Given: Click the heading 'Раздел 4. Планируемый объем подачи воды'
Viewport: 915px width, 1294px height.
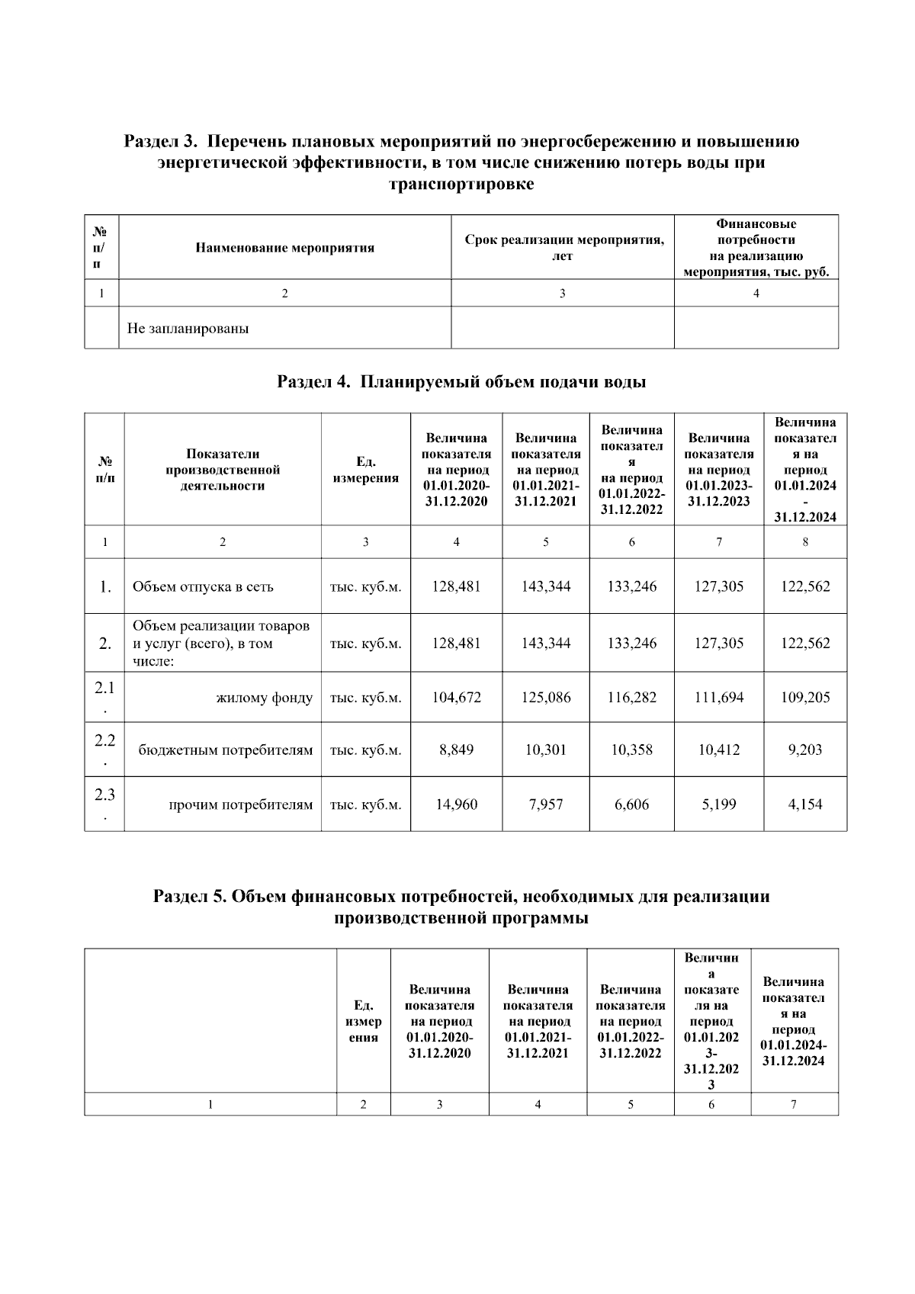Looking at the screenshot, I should click(461, 382).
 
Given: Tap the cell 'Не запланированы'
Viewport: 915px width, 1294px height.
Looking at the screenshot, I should click(188, 329).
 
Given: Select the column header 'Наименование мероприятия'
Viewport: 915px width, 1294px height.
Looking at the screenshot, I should click(284, 248).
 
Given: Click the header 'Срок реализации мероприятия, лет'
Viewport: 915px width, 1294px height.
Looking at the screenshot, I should click(563, 248).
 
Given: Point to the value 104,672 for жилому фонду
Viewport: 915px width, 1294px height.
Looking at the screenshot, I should click(456, 697).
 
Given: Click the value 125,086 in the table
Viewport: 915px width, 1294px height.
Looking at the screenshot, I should click(545, 697).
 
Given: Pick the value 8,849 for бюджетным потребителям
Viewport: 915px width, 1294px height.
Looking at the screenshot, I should click(456, 750).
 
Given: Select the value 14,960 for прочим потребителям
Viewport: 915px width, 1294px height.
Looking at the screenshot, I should click(456, 804).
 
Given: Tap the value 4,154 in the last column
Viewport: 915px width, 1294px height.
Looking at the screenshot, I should click(804, 804).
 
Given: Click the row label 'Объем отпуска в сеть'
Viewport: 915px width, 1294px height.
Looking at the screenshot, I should click(203, 586).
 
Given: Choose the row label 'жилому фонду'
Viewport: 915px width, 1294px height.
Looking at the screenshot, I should click(264, 697).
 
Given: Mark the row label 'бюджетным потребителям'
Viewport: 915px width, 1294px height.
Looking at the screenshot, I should click(225, 750).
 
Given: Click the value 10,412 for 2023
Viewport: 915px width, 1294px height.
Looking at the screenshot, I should click(718, 750).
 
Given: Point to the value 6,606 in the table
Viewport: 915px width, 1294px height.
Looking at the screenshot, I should click(631, 804).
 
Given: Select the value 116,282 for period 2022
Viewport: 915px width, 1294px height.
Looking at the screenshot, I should click(631, 697).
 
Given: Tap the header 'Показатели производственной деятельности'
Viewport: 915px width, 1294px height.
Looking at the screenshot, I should click(222, 470).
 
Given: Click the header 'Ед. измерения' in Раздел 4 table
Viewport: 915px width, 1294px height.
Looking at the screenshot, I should click(365, 470).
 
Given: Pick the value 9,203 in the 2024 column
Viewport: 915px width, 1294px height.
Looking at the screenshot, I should click(804, 750).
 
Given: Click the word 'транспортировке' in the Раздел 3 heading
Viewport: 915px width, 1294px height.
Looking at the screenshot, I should click(461, 185).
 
